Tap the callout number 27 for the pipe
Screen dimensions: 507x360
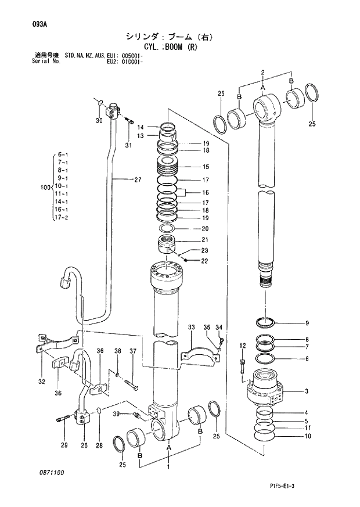point(138,179)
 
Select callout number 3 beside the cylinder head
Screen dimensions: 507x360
point(307,391)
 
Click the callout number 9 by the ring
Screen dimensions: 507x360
point(307,323)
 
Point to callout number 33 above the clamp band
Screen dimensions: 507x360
point(191,328)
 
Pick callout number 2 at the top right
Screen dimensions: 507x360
point(262,73)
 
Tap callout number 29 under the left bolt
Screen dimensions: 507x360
point(64,445)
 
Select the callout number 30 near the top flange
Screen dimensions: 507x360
point(98,120)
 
